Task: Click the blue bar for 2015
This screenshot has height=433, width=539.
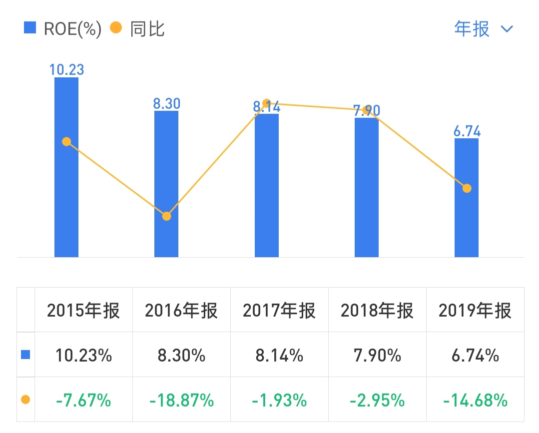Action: [x=66, y=200]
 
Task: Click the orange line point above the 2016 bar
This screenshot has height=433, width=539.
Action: [x=166, y=216]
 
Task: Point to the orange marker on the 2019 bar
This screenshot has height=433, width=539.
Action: [x=467, y=188]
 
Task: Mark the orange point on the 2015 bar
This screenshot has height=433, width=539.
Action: [x=66, y=142]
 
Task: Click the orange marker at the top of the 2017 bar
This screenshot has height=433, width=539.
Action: [x=266, y=103]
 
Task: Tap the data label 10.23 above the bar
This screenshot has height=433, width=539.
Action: [x=66, y=69]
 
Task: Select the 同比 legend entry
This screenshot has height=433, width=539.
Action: [x=138, y=29]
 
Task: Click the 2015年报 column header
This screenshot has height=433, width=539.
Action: [x=83, y=311]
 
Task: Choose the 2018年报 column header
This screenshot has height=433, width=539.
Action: [x=377, y=311]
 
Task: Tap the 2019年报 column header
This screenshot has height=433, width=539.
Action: [x=475, y=311]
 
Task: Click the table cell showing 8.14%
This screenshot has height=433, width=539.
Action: [x=279, y=356]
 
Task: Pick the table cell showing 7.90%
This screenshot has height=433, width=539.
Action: [x=377, y=356]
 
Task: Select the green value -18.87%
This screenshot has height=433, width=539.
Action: [x=181, y=401]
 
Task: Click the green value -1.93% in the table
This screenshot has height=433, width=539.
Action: [x=279, y=401]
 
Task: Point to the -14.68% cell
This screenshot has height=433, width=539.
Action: [x=475, y=401]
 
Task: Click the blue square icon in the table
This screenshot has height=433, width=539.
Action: [x=25, y=355]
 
